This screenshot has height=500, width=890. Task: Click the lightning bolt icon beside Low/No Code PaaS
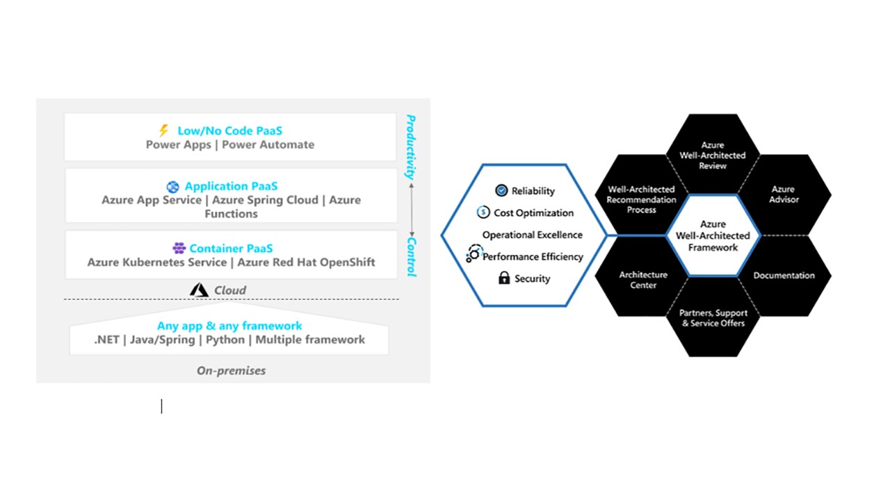[x=163, y=130]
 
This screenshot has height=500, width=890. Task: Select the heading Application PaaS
[x=231, y=186]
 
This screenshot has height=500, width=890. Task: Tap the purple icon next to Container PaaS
[x=179, y=248]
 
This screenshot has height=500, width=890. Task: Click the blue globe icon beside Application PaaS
[x=172, y=187]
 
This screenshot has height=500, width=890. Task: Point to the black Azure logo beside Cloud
[x=199, y=290]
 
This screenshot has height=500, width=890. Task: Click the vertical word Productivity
[x=411, y=147]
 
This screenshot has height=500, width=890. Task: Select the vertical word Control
[x=411, y=257]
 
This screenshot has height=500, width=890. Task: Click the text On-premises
[x=232, y=371]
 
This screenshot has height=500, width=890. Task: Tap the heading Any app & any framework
[x=229, y=326]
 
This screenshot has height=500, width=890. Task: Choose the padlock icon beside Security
[x=504, y=278]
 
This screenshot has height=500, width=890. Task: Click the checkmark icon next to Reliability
[x=501, y=190]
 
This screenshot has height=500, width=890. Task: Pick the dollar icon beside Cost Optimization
[x=483, y=212]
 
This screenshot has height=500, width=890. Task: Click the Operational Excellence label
[x=533, y=235]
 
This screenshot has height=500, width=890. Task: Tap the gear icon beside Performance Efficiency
[x=474, y=253]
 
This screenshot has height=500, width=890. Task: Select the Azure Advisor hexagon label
[x=784, y=194]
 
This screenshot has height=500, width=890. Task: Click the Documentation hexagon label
[x=784, y=276]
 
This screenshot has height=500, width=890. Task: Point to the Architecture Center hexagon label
[x=643, y=280]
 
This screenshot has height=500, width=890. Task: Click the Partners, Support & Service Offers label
[x=713, y=318]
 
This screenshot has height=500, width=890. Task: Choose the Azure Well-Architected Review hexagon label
[x=713, y=155]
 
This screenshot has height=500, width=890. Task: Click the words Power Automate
[x=268, y=145]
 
